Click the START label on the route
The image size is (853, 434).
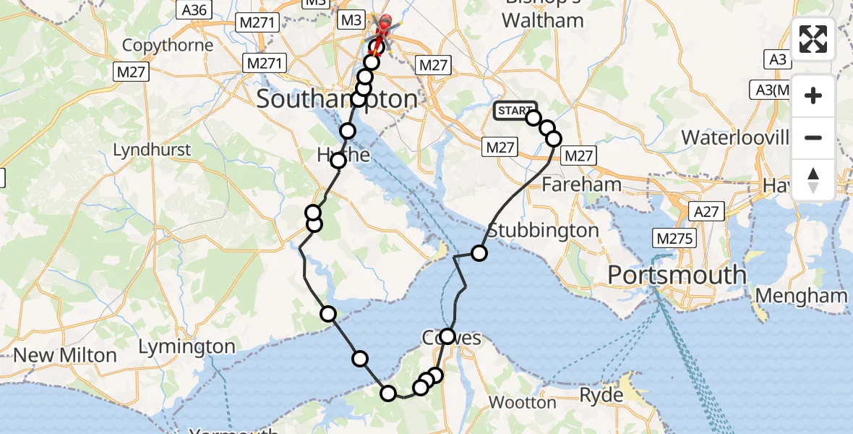[x=515, y=111]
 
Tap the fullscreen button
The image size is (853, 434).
[x=813, y=39]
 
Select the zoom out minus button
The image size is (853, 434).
[x=813, y=137]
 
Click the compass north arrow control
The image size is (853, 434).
[x=813, y=179]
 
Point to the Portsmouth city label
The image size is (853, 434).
[x=677, y=276]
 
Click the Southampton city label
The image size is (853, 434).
[x=337, y=98]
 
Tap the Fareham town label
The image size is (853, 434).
[x=581, y=184]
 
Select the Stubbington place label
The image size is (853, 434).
[x=543, y=231]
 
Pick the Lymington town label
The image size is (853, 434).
[x=187, y=347]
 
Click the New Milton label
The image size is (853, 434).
[x=65, y=355]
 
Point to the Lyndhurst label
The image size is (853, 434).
[x=152, y=150]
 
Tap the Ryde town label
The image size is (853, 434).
[x=601, y=395]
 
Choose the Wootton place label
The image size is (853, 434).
[x=523, y=402]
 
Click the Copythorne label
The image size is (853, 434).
[x=168, y=46]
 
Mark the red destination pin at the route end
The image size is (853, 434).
[x=384, y=24]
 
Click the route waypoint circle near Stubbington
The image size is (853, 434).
[x=479, y=252]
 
